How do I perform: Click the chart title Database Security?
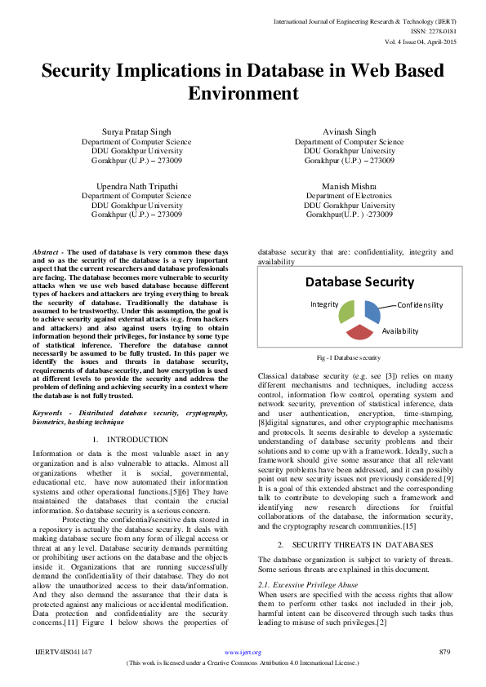pos(359,282)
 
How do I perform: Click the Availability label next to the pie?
pos(400,331)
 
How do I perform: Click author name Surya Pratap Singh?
pos(136,131)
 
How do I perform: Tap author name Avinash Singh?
pos(349,131)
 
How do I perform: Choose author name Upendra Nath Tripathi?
pos(136,186)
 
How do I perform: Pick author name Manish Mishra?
pos(349,186)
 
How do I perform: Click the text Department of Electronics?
pos(349,196)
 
